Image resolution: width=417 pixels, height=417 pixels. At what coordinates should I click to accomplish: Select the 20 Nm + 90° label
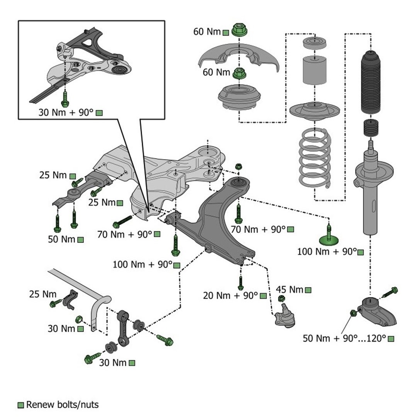tap(231, 296)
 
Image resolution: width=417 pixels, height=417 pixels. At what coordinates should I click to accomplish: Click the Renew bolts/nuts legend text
tap(62, 405)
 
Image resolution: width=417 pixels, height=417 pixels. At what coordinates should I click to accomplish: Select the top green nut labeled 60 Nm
tap(239, 30)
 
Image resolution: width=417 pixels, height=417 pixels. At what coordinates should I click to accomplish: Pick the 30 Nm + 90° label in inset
tap(66, 113)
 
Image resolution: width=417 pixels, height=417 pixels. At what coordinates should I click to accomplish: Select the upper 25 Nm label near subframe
tap(53, 175)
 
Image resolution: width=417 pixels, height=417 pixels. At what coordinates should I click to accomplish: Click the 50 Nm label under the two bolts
tap(61, 239)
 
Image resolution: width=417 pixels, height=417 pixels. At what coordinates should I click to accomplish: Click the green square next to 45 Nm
tap(308, 290)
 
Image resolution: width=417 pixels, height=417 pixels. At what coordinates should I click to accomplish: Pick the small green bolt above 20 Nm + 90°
tap(241, 283)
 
